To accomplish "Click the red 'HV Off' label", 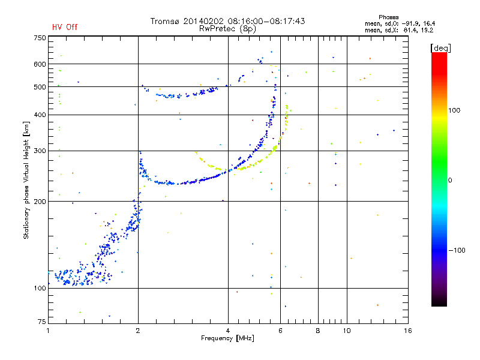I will point(64,27).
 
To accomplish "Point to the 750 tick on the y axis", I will point(40,38).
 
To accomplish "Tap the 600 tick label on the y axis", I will point(40,64).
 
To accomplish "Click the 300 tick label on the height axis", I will point(40,151).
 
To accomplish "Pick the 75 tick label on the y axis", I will point(41,322).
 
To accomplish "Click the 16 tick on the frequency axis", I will point(407,331).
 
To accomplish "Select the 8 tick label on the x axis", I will point(318,331).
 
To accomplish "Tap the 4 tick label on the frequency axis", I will point(228,331).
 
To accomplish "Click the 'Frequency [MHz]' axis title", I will point(228,339).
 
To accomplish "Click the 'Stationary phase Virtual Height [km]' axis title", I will point(26,180).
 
